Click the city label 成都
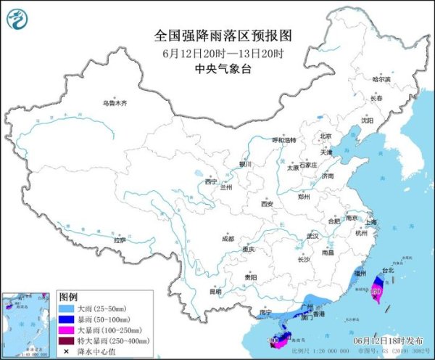click(x=228, y=237)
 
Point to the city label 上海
click(x=372, y=222)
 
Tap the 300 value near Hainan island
click(x=273, y=339)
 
